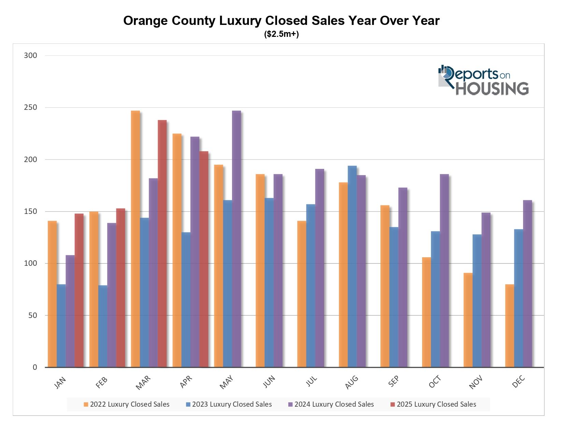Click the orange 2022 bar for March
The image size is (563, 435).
tap(135, 239)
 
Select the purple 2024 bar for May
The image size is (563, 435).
tap(236, 239)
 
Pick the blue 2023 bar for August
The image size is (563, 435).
tap(352, 266)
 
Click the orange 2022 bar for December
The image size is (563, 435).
tap(509, 326)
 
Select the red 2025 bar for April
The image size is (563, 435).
tap(204, 259)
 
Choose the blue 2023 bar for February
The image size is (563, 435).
tap(103, 326)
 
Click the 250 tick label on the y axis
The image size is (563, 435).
tap(30, 107)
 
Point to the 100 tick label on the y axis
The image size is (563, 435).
tap(30, 263)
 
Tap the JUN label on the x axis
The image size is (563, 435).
tap(269, 381)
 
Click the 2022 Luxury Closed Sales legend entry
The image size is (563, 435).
tap(127, 404)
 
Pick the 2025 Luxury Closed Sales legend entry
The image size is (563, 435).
tap(433, 404)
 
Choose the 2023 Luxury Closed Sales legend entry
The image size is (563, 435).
tap(229, 404)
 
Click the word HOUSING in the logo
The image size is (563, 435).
tap(492, 88)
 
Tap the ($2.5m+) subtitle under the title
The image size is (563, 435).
tap(281, 34)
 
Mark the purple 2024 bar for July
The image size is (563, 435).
tap(320, 268)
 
